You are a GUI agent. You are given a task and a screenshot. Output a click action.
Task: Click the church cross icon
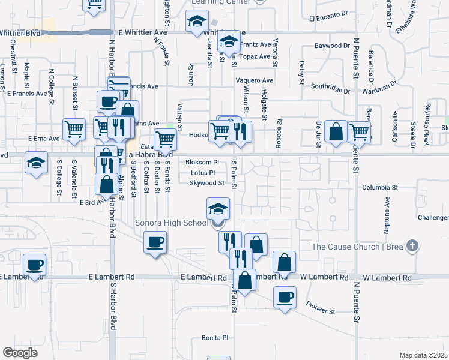[x=411, y=245]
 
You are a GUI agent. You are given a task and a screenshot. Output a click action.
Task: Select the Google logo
[x=20, y=352]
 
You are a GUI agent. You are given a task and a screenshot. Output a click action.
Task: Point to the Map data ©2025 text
[x=423, y=355]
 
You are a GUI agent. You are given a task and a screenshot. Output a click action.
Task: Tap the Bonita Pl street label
[x=215, y=338]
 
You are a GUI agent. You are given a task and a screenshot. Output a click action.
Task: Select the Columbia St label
[x=380, y=188]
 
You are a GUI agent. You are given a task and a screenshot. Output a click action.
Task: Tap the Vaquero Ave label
[x=254, y=80]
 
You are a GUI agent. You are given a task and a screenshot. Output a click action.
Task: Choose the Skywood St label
[x=206, y=183]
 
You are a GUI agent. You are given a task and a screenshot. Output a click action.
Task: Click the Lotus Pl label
[x=202, y=173]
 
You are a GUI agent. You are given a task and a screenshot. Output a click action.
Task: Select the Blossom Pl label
[x=202, y=163]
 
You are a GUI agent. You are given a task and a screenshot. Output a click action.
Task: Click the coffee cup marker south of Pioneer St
[x=285, y=296]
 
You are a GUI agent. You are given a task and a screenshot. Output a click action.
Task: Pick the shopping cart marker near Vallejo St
[x=165, y=139]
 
